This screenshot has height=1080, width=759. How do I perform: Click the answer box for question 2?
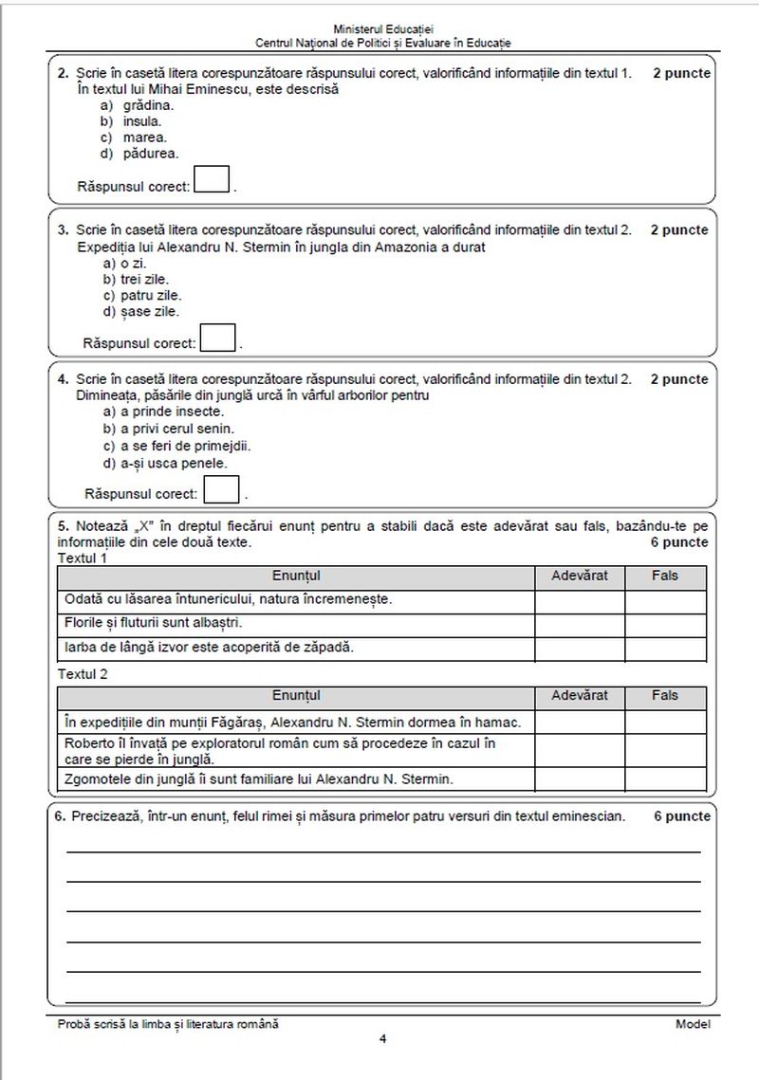click(212, 180)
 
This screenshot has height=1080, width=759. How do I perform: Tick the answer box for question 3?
click(218, 338)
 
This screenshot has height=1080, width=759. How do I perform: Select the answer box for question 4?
click(221, 489)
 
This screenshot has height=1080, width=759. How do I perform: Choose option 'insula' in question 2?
click(142, 121)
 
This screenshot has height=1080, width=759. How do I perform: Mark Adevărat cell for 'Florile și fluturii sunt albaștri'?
click(580, 624)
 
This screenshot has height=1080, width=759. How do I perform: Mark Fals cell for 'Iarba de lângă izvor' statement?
click(665, 649)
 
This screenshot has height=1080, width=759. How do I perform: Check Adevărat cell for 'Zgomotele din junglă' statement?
click(580, 779)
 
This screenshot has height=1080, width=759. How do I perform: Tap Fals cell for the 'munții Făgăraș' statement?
click(665, 722)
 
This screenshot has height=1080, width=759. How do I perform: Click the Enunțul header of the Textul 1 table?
click(296, 576)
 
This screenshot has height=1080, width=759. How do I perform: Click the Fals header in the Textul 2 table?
click(665, 696)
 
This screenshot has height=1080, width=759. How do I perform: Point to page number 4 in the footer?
click(382, 1038)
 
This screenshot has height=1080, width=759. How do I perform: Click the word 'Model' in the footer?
click(693, 1024)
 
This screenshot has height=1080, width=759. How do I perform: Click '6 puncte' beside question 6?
click(681, 816)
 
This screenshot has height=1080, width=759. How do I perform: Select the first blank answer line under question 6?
click(382, 851)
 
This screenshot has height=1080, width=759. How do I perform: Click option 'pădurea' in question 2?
click(150, 153)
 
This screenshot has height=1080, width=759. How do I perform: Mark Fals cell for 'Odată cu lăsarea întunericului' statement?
click(665, 600)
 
